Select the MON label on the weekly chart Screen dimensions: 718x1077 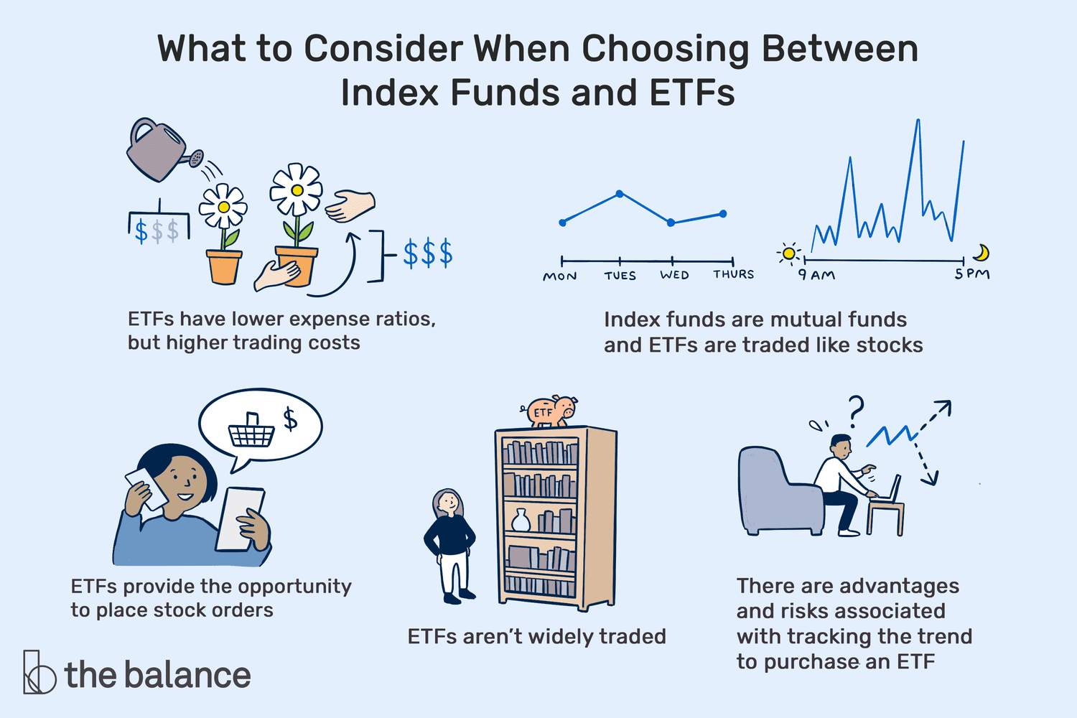click(x=560, y=276)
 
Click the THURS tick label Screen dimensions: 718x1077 click(x=733, y=274)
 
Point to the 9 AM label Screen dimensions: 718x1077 click(x=816, y=274)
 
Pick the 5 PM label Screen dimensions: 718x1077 click(x=972, y=274)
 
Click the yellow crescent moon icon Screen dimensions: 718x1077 click(x=982, y=252)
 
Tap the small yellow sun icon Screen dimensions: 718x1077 click(x=789, y=253)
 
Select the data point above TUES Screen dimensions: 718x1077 click(x=620, y=194)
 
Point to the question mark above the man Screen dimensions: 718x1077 click(x=854, y=409)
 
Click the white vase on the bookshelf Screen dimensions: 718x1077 click(x=521, y=520)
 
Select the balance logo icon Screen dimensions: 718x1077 click(x=38, y=673)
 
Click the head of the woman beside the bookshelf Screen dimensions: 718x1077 click(x=448, y=503)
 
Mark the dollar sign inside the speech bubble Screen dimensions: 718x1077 click(x=290, y=419)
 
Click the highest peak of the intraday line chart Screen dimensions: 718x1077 click(x=918, y=120)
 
